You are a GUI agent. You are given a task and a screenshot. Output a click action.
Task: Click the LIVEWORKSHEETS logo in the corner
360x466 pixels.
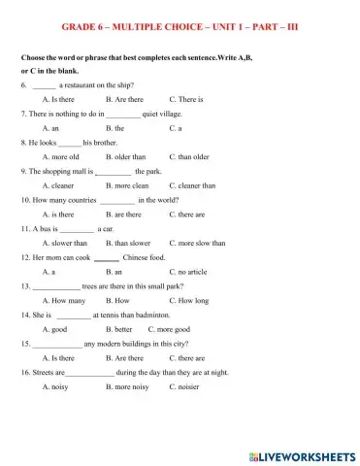click(304, 454)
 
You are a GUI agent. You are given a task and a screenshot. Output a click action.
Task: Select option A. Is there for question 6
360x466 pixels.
click(58, 99)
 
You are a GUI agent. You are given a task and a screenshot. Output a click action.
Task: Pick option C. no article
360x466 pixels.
click(190, 272)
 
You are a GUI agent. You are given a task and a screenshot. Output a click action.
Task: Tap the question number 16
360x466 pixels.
click(25, 372)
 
